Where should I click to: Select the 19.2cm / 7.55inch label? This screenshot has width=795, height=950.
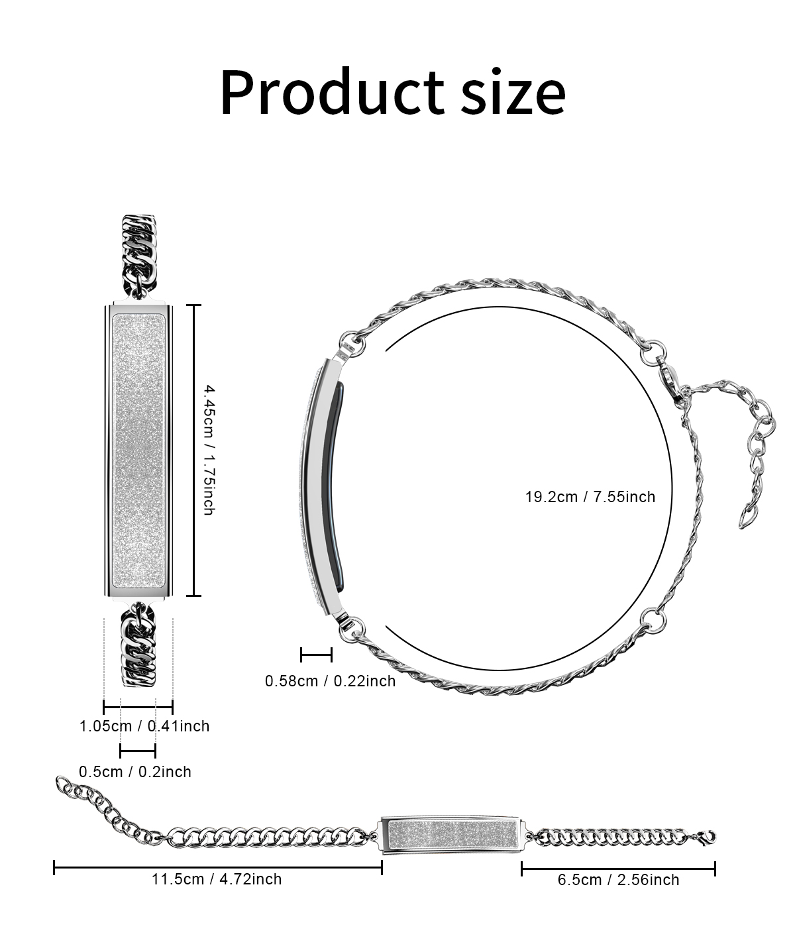pyautogui.click(x=590, y=497)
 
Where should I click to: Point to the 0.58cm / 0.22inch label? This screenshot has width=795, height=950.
pyautogui.click(x=330, y=681)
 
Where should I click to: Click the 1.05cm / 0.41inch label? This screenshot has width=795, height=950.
pyautogui.click(x=144, y=726)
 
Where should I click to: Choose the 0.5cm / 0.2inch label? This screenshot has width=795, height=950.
pyautogui.click(x=134, y=772)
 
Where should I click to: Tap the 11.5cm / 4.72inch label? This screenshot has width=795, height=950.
pyautogui.click(x=217, y=879)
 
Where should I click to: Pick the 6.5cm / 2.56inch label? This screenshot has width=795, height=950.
pyautogui.click(x=618, y=880)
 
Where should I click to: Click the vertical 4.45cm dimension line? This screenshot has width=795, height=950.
pyautogui.click(x=193, y=450)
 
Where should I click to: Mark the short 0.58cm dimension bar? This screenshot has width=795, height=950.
pyautogui.click(x=316, y=655)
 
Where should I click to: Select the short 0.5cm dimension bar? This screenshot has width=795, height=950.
pyautogui.click(x=138, y=751)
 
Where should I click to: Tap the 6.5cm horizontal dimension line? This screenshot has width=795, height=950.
pyautogui.click(x=618, y=869)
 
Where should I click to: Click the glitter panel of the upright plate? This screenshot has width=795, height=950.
pyautogui.click(x=138, y=450)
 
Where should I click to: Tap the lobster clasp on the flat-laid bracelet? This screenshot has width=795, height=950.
pyautogui.click(x=707, y=838)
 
